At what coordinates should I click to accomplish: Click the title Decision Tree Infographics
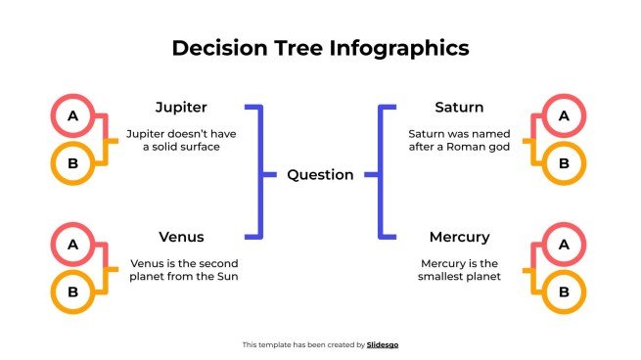[320, 48]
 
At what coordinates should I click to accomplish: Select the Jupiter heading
[181, 107]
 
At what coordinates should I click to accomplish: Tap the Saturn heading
[459, 107]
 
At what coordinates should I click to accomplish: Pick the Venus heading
[181, 237]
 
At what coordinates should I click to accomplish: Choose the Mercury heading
[459, 237]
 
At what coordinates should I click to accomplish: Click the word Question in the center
[320, 175]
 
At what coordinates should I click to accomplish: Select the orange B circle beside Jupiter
[72, 162]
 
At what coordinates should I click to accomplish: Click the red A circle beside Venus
[72, 246]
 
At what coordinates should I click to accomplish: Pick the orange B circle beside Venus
[72, 291]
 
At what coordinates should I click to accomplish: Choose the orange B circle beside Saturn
[563, 162]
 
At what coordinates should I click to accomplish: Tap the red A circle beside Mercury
[563, 246]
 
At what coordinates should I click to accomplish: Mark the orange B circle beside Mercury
[563, 291]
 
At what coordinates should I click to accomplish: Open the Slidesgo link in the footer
[383, 344]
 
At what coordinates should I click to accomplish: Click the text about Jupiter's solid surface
[181, 139]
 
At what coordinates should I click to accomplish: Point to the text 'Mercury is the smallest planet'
[460, 269]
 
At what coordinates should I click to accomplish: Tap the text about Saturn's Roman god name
[460, 139]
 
